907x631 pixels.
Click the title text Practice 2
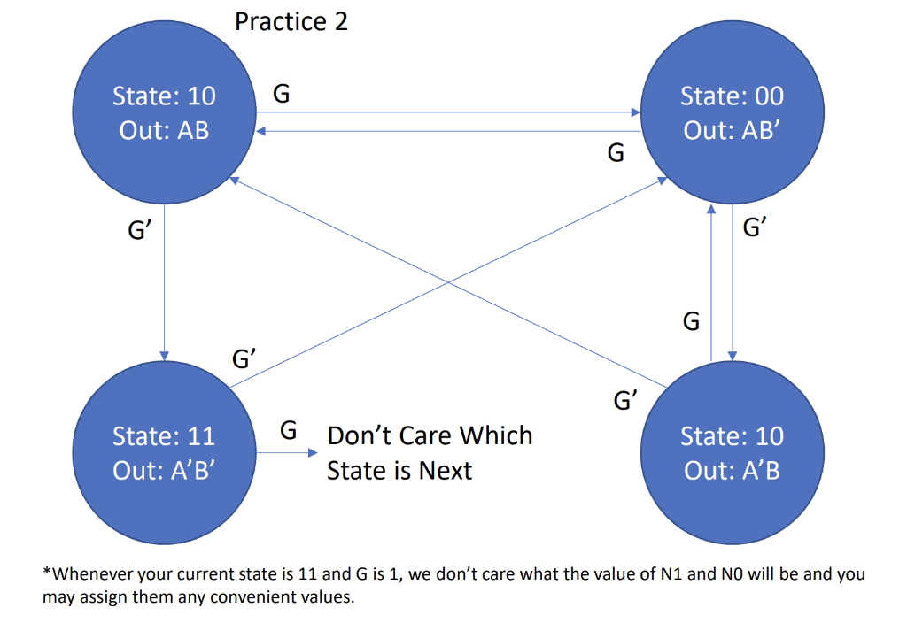pos(291,21)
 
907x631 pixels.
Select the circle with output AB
pos(164,112)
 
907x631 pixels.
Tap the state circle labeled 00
pos(732,112)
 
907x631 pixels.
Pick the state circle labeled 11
pos(164,452)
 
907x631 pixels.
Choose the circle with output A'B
pos(732,452)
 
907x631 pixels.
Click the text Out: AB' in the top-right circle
pos(732,130)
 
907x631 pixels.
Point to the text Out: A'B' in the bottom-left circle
pos(164,470)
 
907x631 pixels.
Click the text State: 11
pos(164,436)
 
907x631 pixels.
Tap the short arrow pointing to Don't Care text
pos(285,453)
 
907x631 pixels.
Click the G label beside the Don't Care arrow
pos(288,431)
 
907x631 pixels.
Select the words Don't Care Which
pos(430,435)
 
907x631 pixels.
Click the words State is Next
pos(399,470)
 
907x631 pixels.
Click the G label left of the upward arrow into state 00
pos(691,321)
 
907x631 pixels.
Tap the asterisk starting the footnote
pos(46,574)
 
